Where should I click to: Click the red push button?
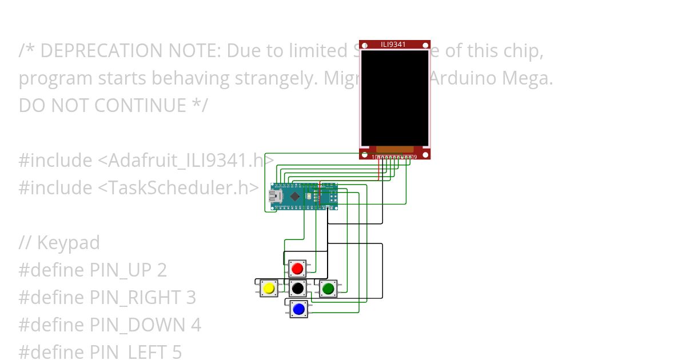(297, 268)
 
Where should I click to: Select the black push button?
(297, 289)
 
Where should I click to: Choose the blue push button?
(298, 309)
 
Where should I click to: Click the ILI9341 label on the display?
(394, 44)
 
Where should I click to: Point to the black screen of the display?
(394, 97)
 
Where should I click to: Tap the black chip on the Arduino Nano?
(295, 197)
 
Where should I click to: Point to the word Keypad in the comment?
(68, 243)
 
